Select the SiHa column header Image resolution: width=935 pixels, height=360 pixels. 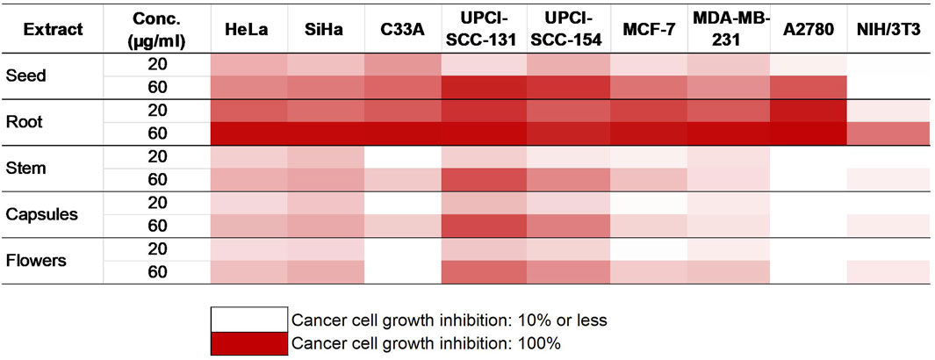tap(327, 29)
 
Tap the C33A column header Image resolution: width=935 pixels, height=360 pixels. tap(404, 29)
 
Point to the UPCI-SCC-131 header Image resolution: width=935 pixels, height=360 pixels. tap(485, 29)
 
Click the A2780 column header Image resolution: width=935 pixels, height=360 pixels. tap(808, 29)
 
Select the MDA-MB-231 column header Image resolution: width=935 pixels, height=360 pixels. tap(726, 29)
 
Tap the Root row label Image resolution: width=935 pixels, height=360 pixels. tap(21, 122)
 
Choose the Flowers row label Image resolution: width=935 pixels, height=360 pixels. tap(35, 261)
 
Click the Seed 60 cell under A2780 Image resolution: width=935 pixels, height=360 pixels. tap(809, 88)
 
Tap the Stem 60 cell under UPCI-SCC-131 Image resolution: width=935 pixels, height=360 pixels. tap(485, 180)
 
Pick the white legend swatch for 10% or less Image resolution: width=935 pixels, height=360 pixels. tap(248, 320)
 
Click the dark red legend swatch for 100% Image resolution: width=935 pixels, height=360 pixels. tap(248, 342)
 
